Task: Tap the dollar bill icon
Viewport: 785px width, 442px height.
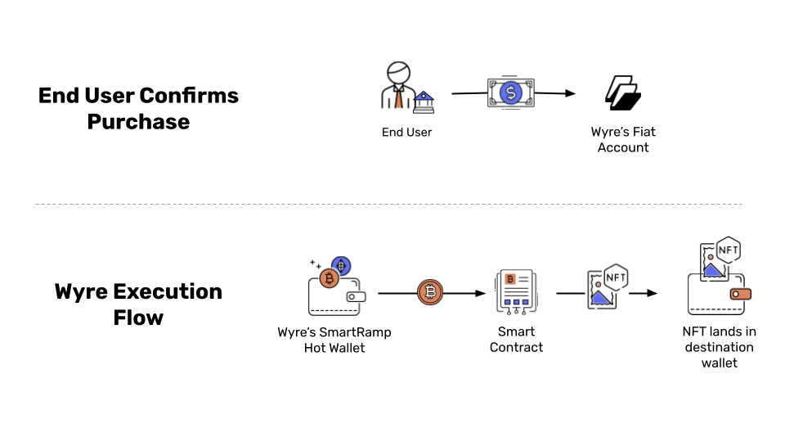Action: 511,92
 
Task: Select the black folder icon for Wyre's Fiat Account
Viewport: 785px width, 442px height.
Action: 623,93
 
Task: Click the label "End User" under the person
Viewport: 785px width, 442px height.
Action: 406,132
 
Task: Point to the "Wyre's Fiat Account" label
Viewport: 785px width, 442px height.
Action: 623,140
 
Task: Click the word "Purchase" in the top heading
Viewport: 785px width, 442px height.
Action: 138,122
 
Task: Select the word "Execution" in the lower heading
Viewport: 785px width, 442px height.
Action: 168,291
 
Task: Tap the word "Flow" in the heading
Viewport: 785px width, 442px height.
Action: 138,318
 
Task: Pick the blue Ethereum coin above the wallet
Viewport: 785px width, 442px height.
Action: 341,265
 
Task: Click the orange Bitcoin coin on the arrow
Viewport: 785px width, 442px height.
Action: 430,292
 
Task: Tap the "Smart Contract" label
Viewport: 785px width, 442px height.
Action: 516,340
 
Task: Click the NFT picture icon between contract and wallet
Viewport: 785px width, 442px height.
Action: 607,287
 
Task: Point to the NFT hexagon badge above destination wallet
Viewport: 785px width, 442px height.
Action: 728,250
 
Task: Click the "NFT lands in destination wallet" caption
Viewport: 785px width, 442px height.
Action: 719,347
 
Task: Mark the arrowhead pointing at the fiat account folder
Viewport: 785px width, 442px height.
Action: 570,93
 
